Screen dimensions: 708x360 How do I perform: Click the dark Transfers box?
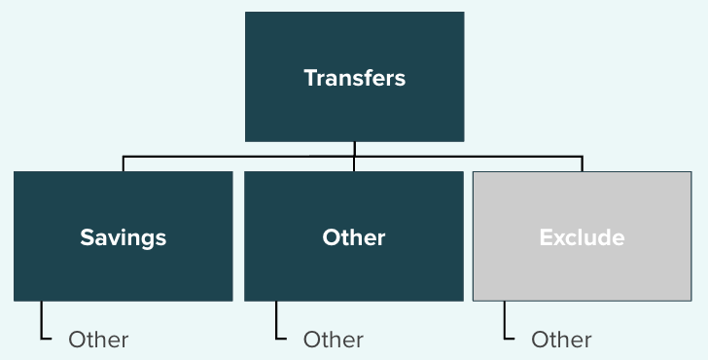354,77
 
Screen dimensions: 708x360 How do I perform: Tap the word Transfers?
354,78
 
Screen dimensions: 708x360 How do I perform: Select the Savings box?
124,235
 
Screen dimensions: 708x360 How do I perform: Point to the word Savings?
124,238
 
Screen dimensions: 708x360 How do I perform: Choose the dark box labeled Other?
354,235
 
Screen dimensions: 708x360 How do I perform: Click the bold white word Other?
354,237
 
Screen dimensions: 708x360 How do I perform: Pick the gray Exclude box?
582,235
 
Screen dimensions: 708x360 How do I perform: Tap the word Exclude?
582,237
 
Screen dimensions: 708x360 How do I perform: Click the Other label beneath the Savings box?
98,340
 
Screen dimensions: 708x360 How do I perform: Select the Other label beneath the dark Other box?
334,340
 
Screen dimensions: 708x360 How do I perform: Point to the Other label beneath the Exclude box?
561,340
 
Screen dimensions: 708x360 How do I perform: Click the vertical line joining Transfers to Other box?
354,157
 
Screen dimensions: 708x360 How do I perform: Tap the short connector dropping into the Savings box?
124,164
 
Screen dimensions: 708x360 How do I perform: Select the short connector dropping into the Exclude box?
582,164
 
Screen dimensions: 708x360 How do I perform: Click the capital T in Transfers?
310,78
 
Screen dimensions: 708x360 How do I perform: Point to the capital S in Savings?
87,237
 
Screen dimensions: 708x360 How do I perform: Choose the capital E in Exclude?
546,237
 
